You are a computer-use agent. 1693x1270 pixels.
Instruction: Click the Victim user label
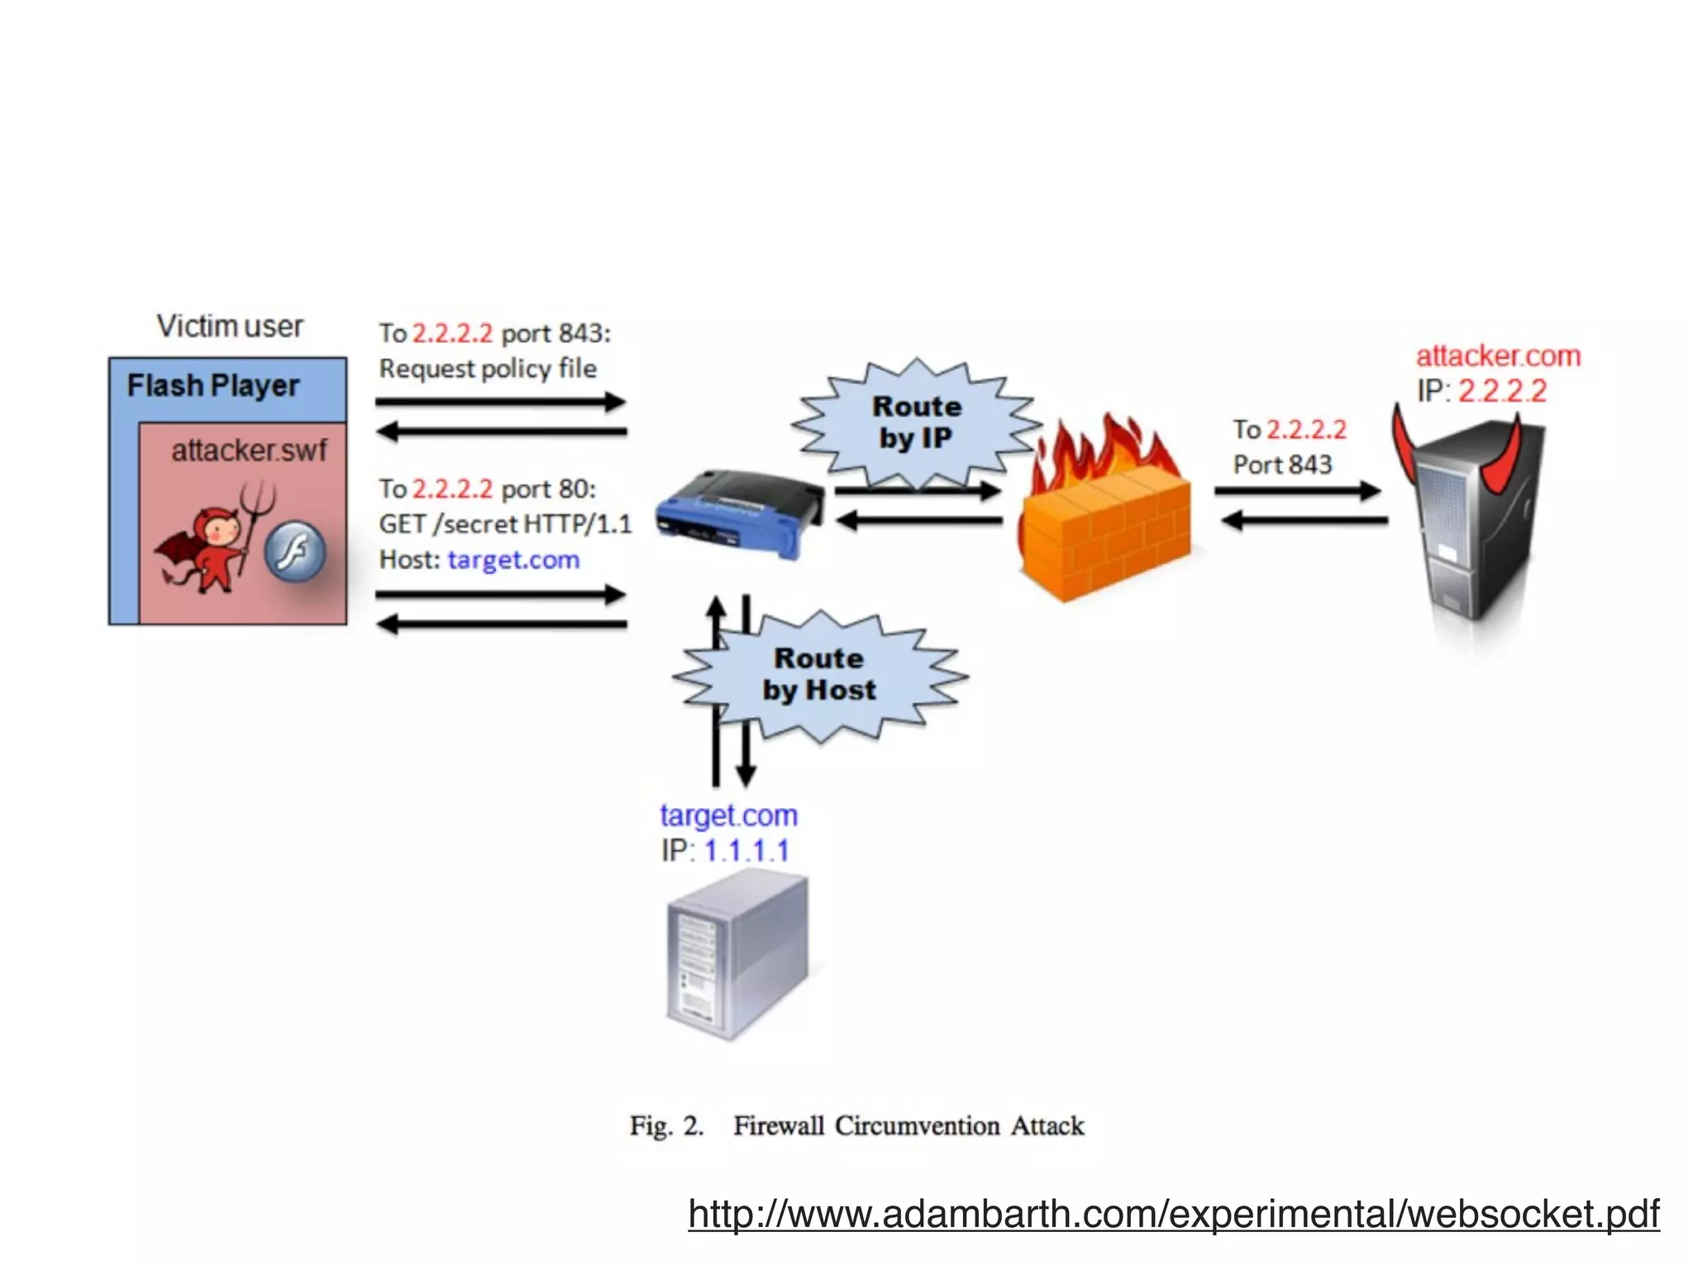(230, 326)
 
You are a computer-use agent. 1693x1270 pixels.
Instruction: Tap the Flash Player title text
(212, 385)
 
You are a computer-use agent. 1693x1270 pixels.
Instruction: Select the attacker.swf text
(249, 451)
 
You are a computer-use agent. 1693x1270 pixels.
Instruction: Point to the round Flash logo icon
(295, 551)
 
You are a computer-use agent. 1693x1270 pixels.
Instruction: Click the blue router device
(738, 514)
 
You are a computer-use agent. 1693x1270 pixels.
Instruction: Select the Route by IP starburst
(916, 423)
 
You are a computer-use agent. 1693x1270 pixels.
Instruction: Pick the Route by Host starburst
(818, 675)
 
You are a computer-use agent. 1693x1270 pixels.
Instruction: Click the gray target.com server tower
(736, 955)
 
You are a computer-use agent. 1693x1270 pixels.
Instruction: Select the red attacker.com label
(1498, 356)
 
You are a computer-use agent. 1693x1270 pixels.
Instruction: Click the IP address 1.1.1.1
(746, 851)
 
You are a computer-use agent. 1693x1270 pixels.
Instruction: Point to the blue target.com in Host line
(513, 560)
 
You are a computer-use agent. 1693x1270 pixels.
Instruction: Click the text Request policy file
(488, 369)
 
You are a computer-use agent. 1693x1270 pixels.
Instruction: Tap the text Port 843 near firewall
(1282, 465)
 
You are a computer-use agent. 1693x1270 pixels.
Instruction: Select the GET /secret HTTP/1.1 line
(504, 524)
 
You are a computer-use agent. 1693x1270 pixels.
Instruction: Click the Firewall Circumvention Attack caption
(908, 1125)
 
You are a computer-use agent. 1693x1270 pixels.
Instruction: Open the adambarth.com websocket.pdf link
(1173, 1214)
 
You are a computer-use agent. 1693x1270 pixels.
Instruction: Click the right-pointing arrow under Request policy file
(500, 403)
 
